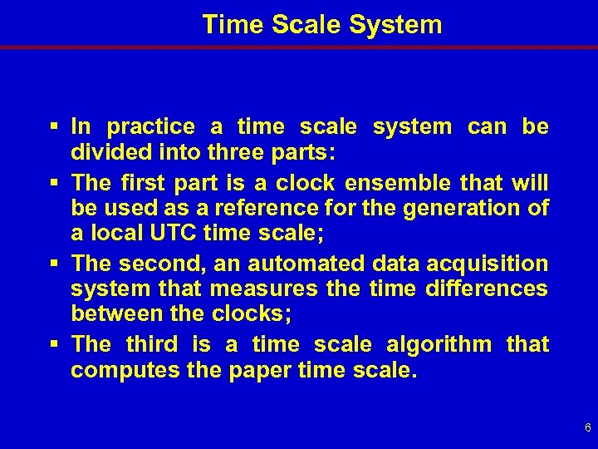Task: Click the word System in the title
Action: pos(395,24)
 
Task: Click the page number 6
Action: pos(587,428)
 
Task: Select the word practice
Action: pos(151,127)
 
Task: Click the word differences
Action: pos(486,290)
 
